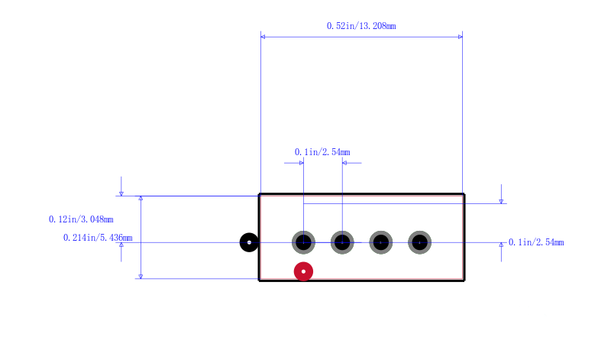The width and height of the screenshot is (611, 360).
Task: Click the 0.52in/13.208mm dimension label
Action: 361,26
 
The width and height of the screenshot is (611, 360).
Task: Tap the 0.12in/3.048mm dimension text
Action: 81,219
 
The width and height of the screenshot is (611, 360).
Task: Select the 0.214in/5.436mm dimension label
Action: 98,238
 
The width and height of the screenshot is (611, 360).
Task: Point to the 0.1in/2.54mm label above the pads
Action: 322,152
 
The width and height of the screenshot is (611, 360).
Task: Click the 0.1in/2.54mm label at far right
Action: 536,242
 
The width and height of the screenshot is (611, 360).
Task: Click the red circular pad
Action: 303,271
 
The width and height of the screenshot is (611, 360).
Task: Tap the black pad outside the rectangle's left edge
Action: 249,242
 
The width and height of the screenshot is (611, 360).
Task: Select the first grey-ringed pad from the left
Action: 303,242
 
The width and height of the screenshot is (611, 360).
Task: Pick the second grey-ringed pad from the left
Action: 342,242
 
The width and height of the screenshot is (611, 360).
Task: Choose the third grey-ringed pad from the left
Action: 380,242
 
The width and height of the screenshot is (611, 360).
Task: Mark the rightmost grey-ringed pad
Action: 419,242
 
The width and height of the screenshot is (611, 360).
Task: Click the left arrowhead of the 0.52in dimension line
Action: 263,37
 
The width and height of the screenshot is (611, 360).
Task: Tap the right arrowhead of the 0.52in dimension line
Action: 461,37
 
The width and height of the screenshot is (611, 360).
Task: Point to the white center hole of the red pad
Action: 303,271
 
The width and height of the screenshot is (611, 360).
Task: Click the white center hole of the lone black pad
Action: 249,242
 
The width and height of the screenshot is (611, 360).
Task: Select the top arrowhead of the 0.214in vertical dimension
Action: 141,198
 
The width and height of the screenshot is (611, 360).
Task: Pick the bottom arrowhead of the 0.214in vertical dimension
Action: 141,277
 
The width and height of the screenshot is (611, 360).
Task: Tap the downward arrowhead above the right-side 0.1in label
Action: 501,201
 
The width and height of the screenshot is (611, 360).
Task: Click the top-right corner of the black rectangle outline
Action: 464,194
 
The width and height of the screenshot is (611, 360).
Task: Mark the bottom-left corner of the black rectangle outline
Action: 259,280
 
